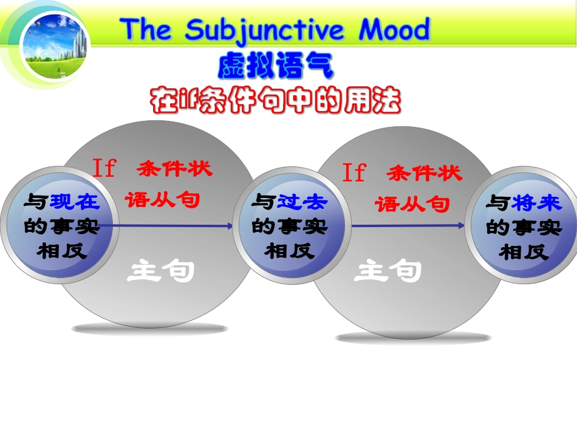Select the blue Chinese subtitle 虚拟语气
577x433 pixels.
(276, 67)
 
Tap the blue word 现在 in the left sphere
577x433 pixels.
(75, 202)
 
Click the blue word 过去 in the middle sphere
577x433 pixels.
(302, 202)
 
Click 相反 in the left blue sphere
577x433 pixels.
(62, 251)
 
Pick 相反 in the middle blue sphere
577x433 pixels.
(289, 251)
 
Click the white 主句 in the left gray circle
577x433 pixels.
(160, 272)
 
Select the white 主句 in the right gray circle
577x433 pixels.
(388, 271)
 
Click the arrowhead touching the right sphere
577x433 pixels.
(461, 225)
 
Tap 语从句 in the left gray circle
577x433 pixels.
(162, 199)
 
